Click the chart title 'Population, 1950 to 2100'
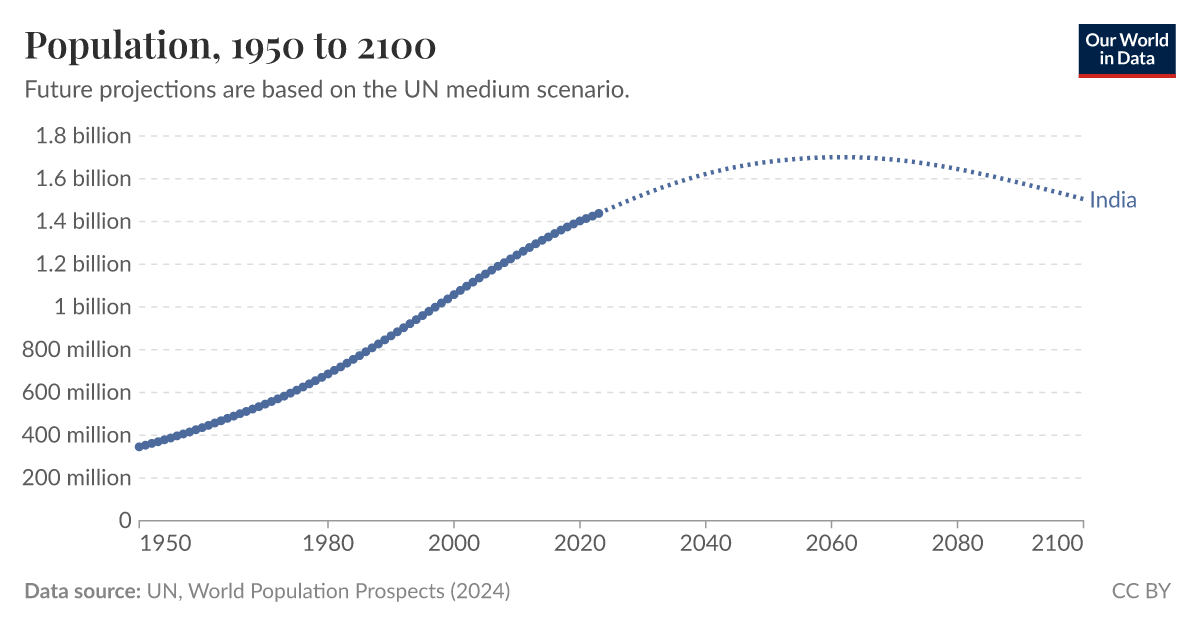(229, 46)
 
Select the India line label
(1112, 200)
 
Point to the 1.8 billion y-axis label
(83, 136)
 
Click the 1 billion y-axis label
(93, 307)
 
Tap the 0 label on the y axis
(125, 520)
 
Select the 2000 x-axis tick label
(454, 544)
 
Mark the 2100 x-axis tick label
(1058, 544)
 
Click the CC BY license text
(1140, 591)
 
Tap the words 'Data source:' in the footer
(82, 591)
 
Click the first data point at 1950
(140, 446)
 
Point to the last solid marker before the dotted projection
(599, 213)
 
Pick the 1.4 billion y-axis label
(83, 221)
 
